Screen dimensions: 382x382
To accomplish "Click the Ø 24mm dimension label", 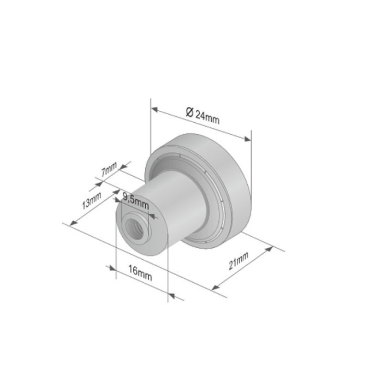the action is click(202, 116).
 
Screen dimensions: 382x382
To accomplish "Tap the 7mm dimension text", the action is click(109, 169).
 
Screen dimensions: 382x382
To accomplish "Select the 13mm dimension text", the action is click(91, 200).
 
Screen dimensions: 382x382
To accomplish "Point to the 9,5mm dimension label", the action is click(135, 200).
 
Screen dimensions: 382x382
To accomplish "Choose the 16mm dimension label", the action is click(140, 273).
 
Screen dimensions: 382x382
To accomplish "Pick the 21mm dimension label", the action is click(239, 261).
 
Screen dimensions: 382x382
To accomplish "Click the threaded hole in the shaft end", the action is click(134, 229).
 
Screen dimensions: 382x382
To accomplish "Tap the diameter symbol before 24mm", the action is click(190, 112).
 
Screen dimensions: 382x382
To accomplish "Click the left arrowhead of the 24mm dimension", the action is click(154, 109).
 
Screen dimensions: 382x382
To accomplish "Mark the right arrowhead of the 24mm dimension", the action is click(247, 139).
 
